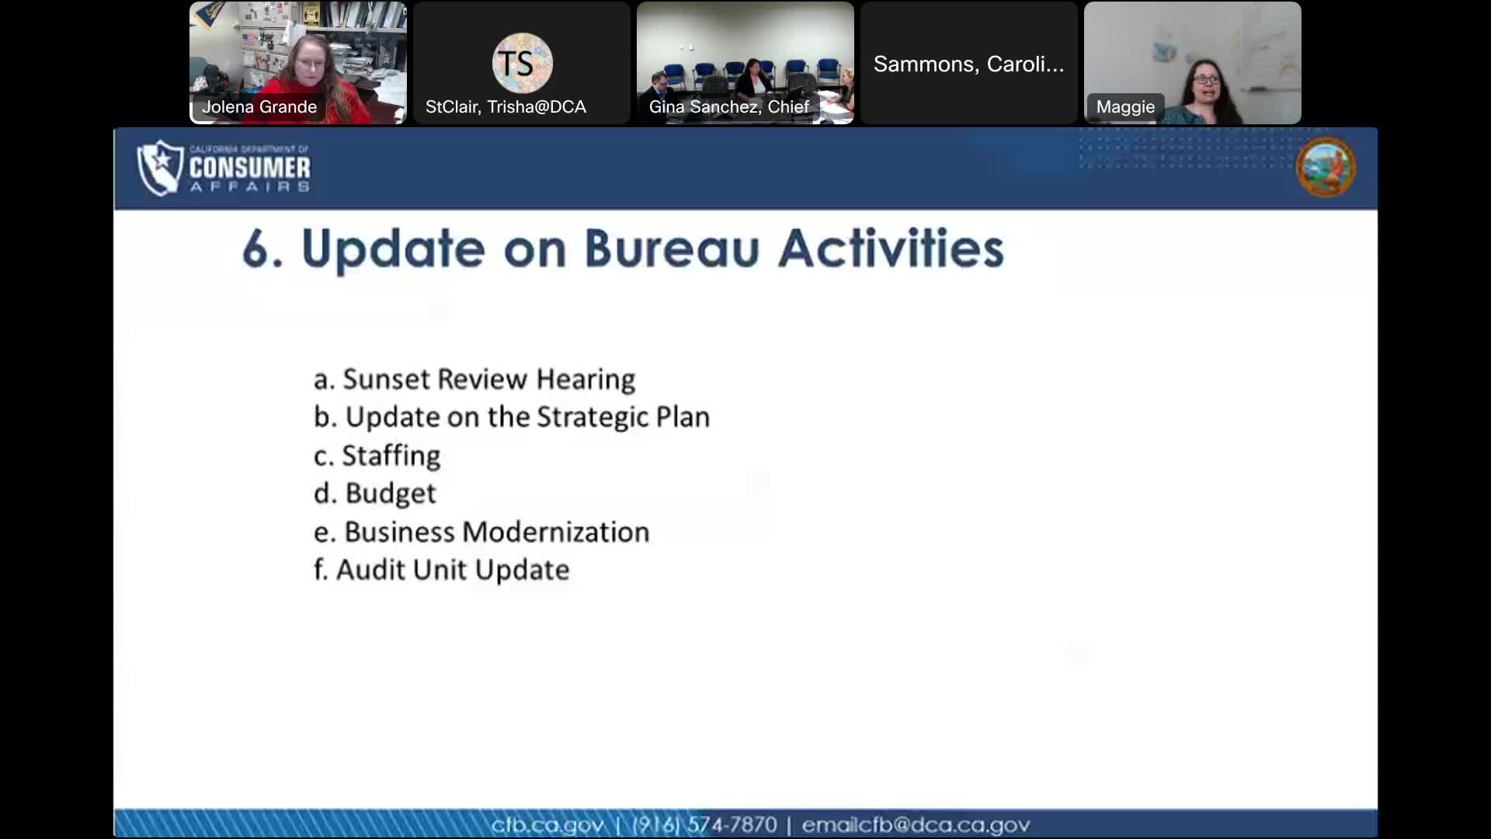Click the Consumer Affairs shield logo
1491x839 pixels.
click(x=160, y=168)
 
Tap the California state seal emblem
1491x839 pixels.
click(x=1326, y=167)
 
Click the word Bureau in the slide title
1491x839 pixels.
click(x=671, y=249)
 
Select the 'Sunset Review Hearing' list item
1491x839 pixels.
click(x=474, y=379)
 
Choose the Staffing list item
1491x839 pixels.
click(x=377, y=455)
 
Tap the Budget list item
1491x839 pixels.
click(x=375, y=493)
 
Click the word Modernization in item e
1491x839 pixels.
click(x=555, y=532)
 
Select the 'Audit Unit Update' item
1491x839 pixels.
click(x=441, y=570)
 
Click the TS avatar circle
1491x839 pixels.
click(x=522, y=63)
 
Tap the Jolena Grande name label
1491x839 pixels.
click(x=259, y=107)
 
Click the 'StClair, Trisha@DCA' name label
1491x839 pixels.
click(x=506, y=107)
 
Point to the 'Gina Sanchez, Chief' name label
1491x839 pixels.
click(x=728, y=107)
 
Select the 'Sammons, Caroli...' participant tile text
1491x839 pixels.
click(x=968, y=64)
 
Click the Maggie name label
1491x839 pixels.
click(x=1125, y=107)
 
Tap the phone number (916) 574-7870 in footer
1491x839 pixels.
click(x=704, y=824)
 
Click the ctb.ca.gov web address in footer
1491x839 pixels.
click(x=547, y=824)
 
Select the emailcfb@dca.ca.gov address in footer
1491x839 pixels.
click(x=916, y=824)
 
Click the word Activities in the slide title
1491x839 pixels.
click(x=891, y=249)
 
